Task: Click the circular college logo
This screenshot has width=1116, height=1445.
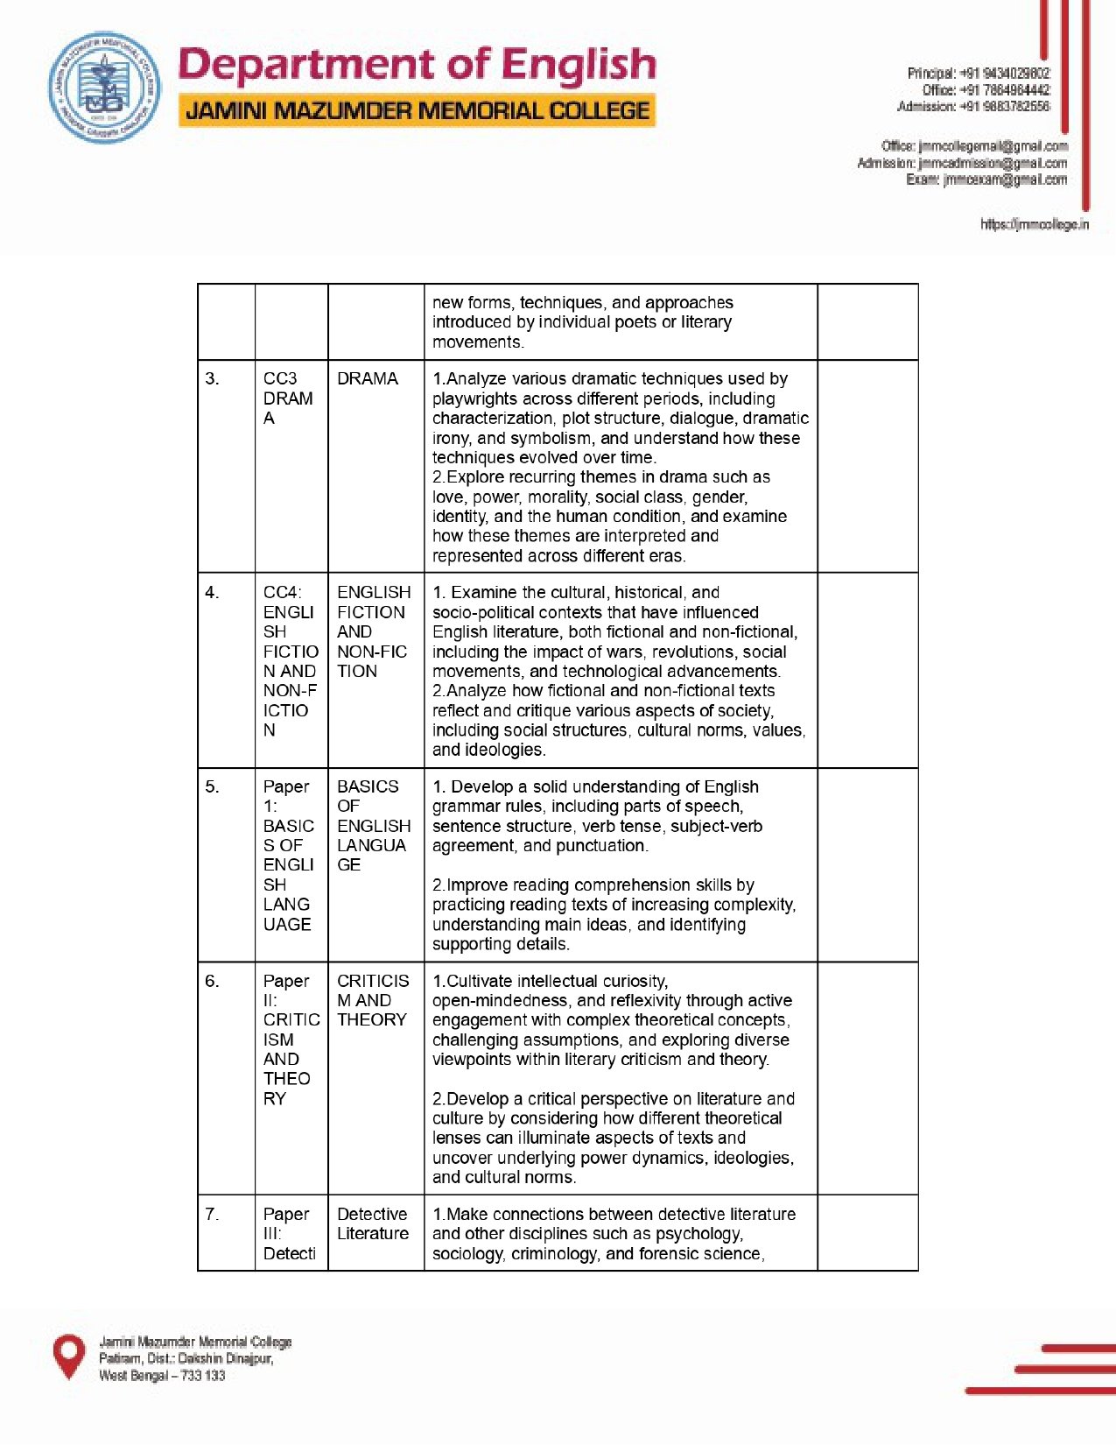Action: pyautogui.click(x=104, y=88)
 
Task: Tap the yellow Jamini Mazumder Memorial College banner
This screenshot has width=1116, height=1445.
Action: pyautogui.click(x=418, y=111)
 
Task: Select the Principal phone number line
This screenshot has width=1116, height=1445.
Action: pyautogui.click(x=978, y=74)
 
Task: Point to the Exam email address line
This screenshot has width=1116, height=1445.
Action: pyautogui.click(x=986, y=180)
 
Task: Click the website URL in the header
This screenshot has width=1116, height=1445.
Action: pyautogui.click(x=1034, y=224)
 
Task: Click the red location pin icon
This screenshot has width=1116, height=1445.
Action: pyautogui.click(x=69, y=1357)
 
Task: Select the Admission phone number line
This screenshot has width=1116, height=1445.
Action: pyautogui.click(x=972, y=107)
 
